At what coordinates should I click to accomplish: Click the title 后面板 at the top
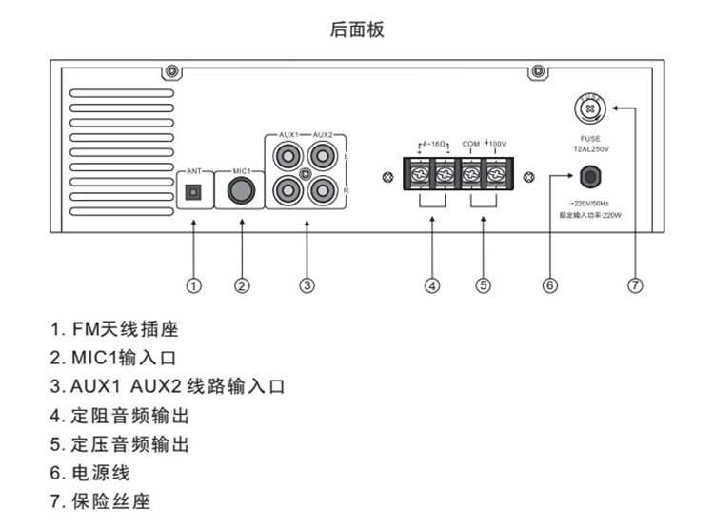point(357,30)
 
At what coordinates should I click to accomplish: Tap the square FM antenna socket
point(193,192)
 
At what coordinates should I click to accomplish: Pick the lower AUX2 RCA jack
point(322,191)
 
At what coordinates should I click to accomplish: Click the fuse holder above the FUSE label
point(591,109)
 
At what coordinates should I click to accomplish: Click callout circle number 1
point(193,284)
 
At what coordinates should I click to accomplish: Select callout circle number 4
point(431,284)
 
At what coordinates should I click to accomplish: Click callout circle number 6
point(549,284)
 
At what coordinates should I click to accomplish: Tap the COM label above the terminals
point(470,143)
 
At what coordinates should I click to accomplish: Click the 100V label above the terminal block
point(496,143)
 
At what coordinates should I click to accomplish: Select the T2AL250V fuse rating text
point(590,149)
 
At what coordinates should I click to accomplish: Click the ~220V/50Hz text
point(588,205)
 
